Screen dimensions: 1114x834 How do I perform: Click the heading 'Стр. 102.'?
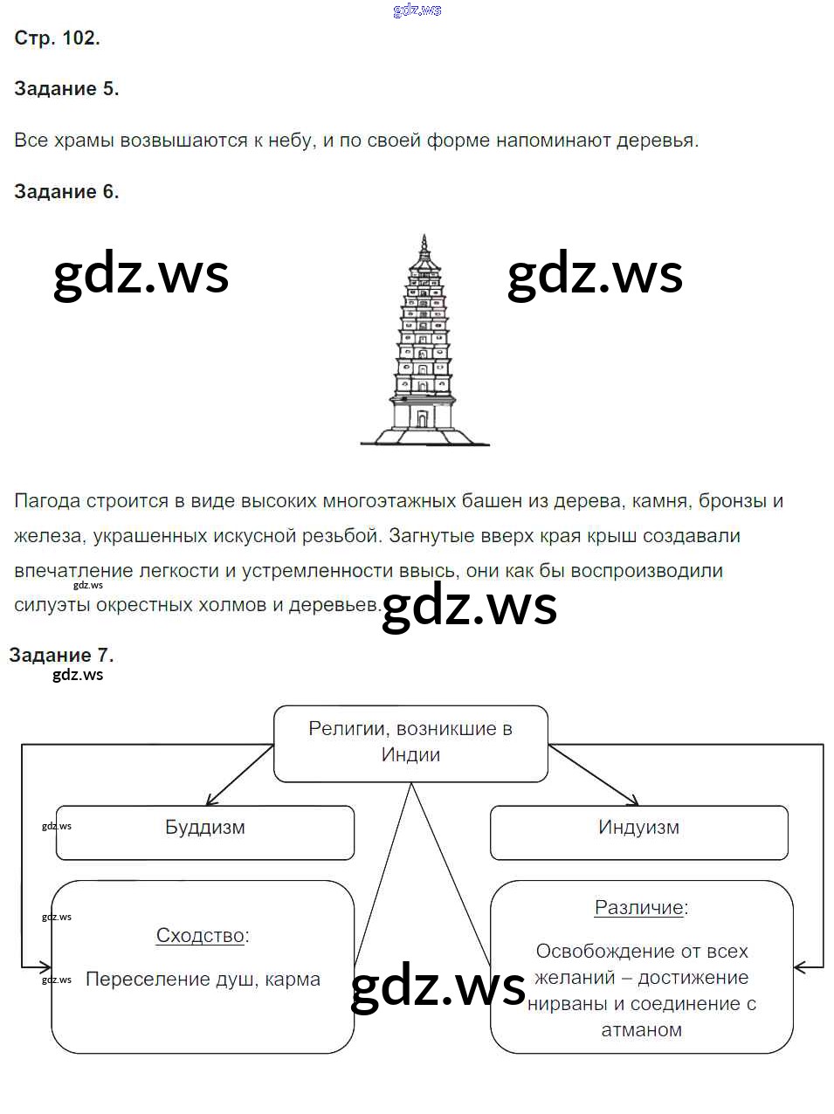click(x=57, y=38)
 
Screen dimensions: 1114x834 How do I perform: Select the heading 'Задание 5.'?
click(x=66, y=89)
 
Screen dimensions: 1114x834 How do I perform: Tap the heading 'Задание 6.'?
click(x=66, y=192)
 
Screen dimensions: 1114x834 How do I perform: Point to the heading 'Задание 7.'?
click(x=61, y=656)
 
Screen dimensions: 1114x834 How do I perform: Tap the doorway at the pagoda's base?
click(x=423, y=418)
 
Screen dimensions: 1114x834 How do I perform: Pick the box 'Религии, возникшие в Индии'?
click(x=410, y=743)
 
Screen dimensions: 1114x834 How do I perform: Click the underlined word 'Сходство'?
click(x=200, y=936)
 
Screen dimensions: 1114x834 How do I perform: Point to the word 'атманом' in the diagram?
click(x=641, y=1030)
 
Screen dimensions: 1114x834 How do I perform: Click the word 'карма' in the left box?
click(x=292, y=980)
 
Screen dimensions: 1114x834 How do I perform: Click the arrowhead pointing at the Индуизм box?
click(x=634, y=800)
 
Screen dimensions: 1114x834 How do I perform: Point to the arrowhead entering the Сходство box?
click(x=45, y=966)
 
